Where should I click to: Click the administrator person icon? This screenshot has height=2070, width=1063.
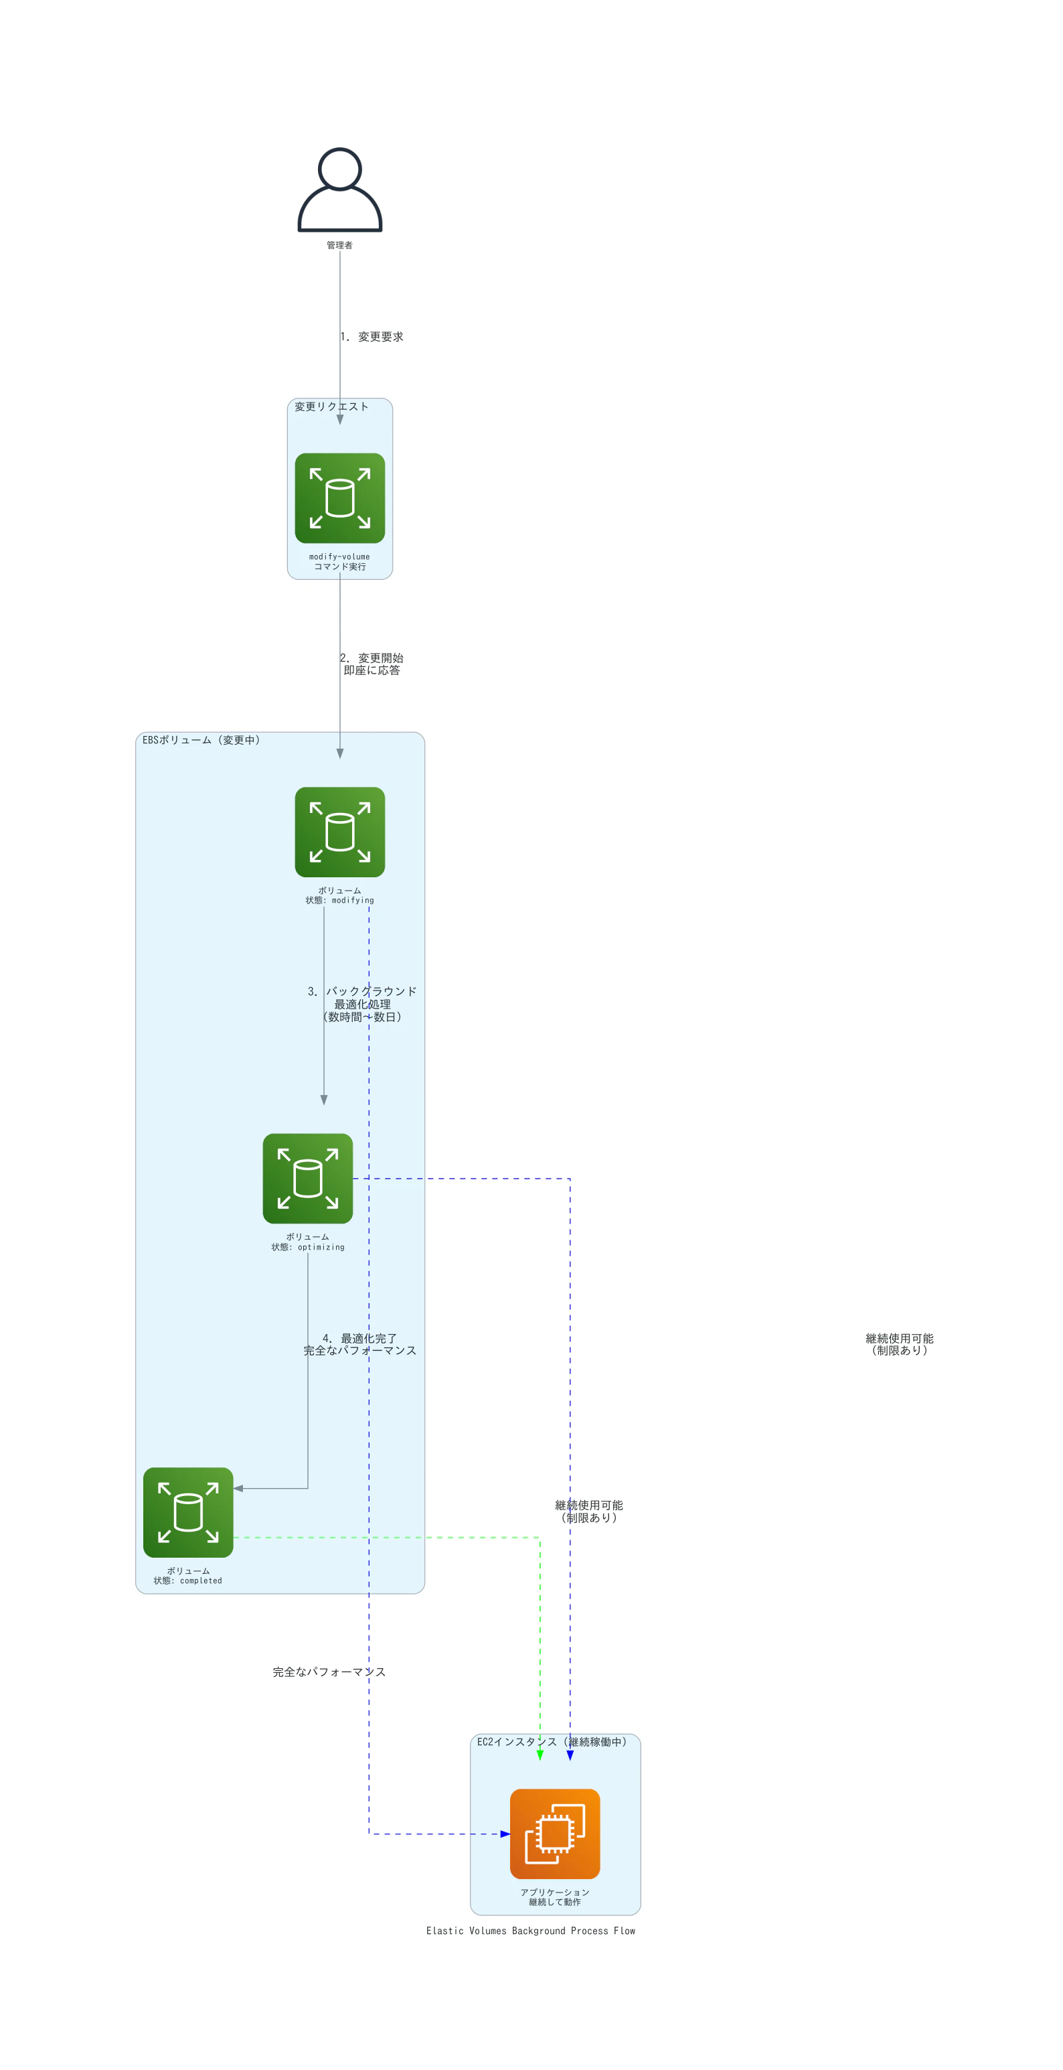click(340, 190)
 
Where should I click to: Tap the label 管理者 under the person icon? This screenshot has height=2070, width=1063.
click(340, 245)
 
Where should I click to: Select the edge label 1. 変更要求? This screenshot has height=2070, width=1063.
click(372, 337)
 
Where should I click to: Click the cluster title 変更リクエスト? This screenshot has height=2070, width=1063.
click(331, 406)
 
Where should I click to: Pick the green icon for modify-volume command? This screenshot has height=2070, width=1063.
click(340, 498)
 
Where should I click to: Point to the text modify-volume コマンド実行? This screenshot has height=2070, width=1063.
click(340, 562)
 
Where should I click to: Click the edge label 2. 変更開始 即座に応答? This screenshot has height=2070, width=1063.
click(372, 664)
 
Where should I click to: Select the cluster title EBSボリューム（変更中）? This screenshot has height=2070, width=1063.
click(201, 740)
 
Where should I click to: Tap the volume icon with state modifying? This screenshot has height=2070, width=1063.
click(340, 832)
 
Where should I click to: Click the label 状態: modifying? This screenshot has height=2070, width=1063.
click(340, 900)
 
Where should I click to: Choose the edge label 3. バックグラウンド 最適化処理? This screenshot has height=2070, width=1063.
click(362, 1004)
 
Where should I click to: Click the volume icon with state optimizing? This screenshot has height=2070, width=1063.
click(308, 1178)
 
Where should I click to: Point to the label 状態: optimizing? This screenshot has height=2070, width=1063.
click(308, 1247)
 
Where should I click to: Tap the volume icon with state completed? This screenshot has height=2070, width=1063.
click(188, 1512)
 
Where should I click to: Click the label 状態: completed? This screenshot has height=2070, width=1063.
click(188, 1580)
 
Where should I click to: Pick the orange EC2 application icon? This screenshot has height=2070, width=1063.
click(555, 1834)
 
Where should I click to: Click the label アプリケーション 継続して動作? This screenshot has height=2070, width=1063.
click(555, 1897)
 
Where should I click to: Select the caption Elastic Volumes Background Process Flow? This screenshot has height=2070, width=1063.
click(531, 1931)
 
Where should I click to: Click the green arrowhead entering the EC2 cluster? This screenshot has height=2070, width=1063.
click(540, 1755)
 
